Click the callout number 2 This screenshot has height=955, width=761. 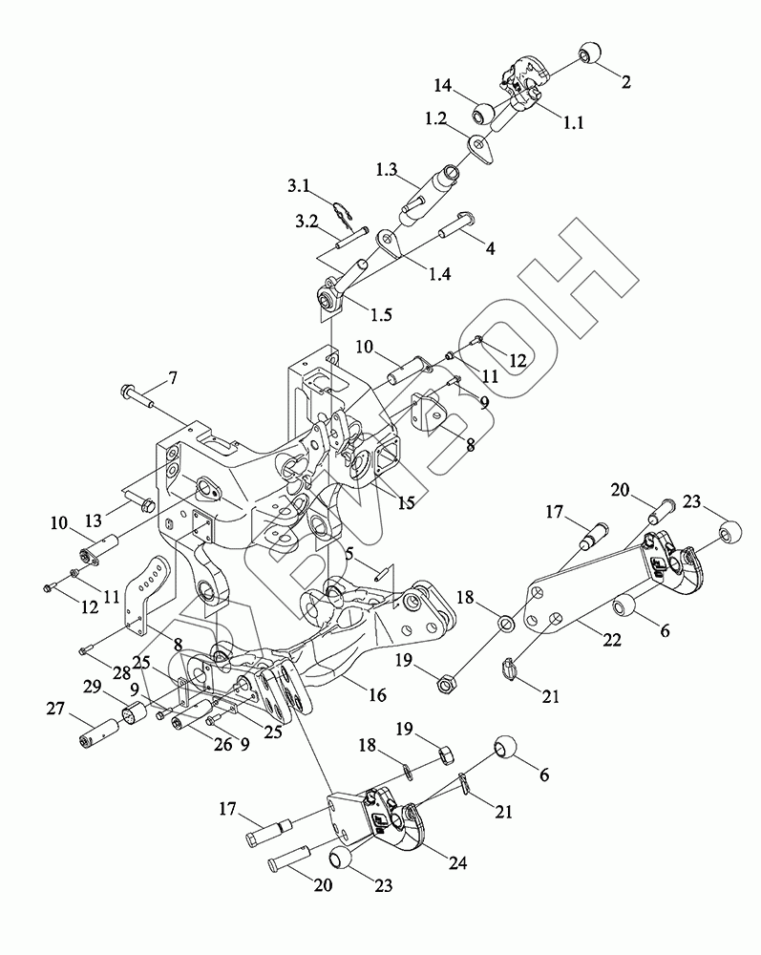click(x=625, y=82)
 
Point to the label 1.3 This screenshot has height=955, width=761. click(x=386, y=168)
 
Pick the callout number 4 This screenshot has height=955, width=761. click(x=490, y=249)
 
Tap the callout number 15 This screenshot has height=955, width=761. click(x=408, y=501)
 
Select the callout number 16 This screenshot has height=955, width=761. click(x=377, y=695)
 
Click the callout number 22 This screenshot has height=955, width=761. click(x=610, y=641)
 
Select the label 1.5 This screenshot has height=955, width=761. click(x=379, y=313)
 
